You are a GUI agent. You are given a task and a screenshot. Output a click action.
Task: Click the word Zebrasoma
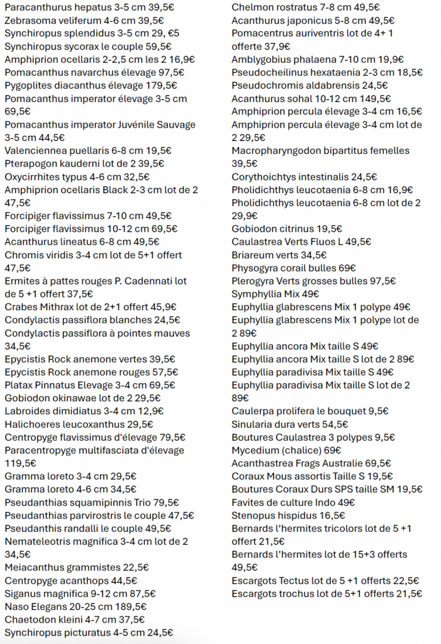pyautogui.click(x=30, y=20)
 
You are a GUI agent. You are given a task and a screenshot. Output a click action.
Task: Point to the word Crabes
pyautogui.click(x=21, y=307)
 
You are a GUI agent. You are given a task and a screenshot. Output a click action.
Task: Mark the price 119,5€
pyautogui.click(x=21, y=464)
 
